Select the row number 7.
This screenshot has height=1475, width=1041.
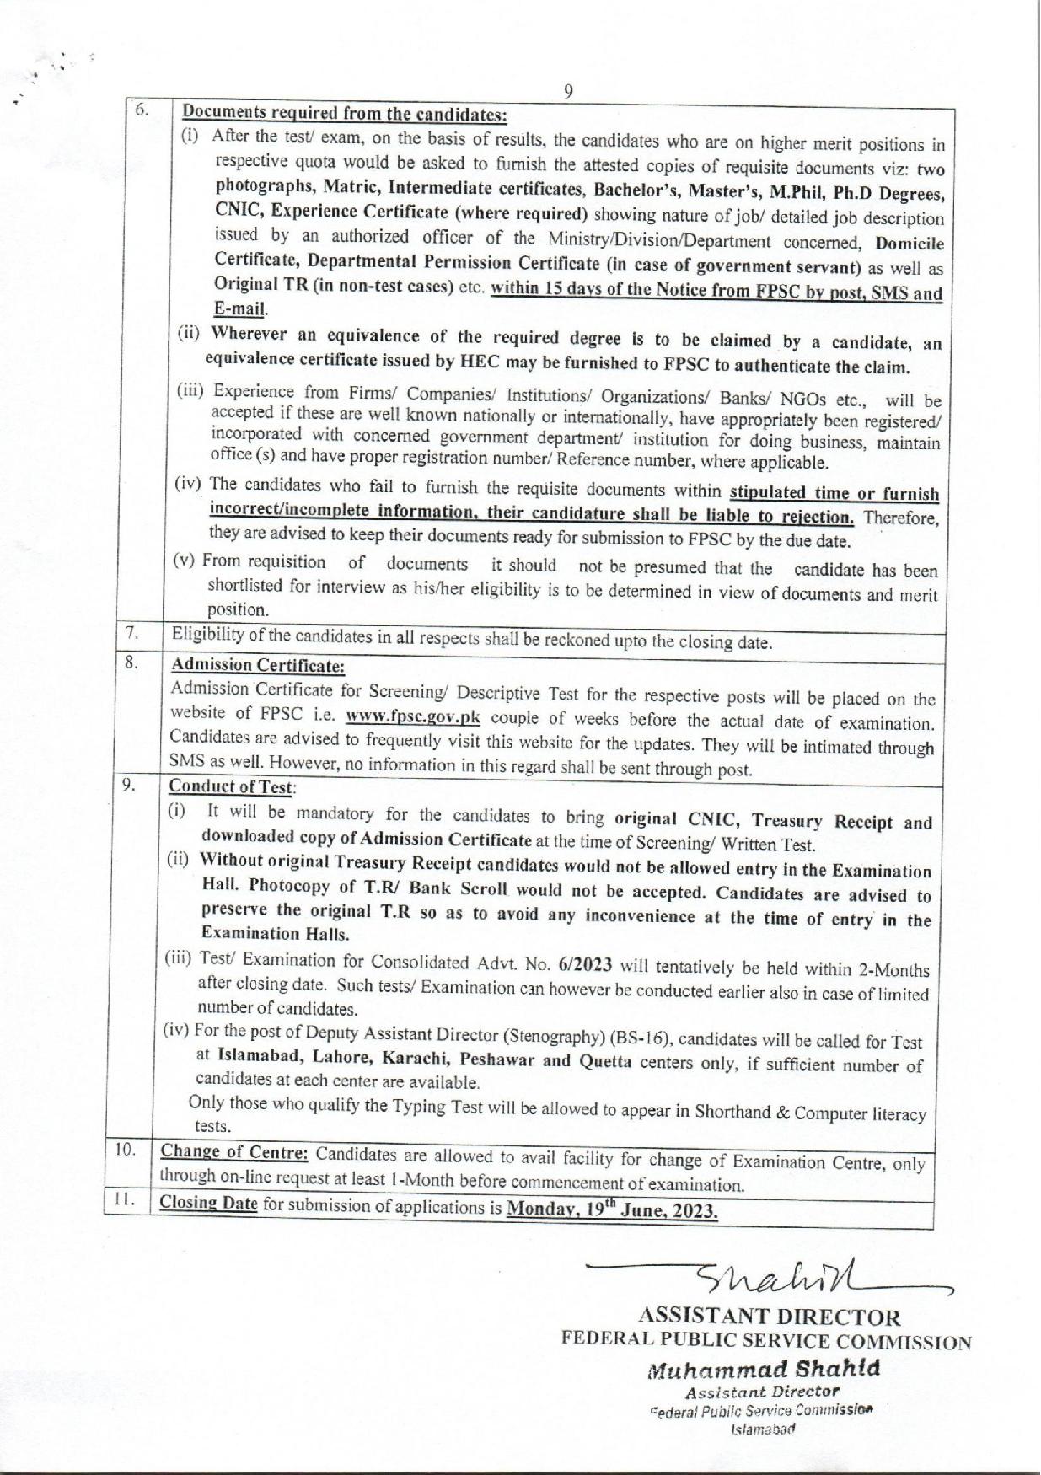[132, 632]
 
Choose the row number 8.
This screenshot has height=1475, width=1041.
[131, 662]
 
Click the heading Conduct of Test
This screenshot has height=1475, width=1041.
[232, 786]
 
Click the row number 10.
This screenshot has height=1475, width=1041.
[126, 1149]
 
